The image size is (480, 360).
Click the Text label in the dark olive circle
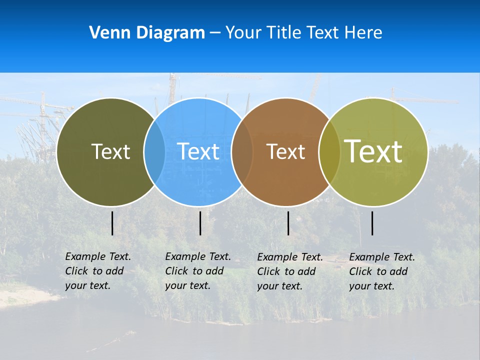pos(110,151)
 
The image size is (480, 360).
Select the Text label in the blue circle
pos(198,151)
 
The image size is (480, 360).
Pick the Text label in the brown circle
pos(285,151)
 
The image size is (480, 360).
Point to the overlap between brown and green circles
pos(329,152)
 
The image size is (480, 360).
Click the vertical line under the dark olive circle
pos(112,223)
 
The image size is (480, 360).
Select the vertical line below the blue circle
pos(200,223)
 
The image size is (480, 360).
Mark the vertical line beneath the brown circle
pos(288,223)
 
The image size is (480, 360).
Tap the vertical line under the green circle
pos(372,223)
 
